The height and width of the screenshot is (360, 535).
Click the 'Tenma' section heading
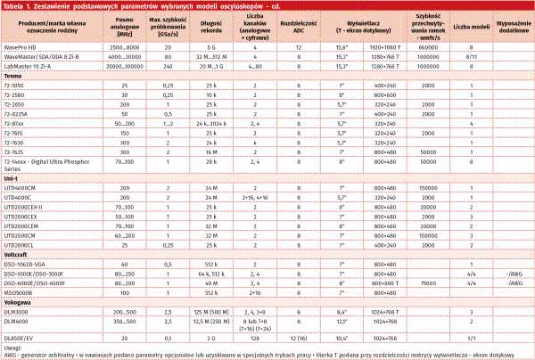[14, 76]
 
